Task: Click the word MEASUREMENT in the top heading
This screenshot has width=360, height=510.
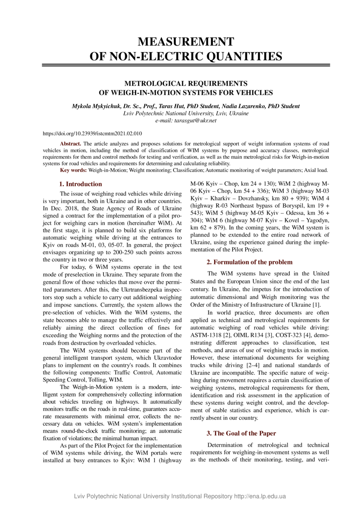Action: tap(186, 42)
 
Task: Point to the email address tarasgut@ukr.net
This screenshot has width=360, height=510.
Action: tap(195, 121)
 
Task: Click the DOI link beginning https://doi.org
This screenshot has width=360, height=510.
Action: tap(92, 134)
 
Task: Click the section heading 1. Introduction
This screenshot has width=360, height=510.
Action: tap(81, 184)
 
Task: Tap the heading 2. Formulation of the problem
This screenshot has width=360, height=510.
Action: tap(249, 262)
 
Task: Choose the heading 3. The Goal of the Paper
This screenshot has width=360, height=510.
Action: tap(241, 433)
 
